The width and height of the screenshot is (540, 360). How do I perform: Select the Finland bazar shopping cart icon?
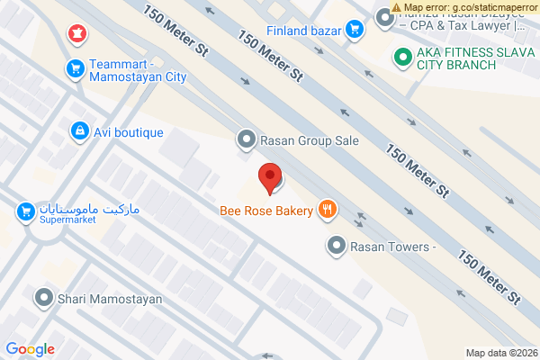pos(355,30)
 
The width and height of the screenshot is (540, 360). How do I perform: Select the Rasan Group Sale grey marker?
pos(246,140)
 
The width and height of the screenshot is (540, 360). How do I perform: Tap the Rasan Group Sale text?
pos(309,140)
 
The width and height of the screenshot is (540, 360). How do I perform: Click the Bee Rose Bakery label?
pos(266,211)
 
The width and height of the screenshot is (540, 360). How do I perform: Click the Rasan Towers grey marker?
pos(337,244)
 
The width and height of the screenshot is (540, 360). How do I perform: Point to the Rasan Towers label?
pos(393,245)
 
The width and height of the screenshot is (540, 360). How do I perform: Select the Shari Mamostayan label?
pos(109,298)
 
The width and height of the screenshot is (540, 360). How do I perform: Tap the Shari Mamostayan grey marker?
pos(43,297)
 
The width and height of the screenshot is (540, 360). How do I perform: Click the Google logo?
pos(30,349)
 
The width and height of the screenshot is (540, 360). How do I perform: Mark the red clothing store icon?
pos(78,34)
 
